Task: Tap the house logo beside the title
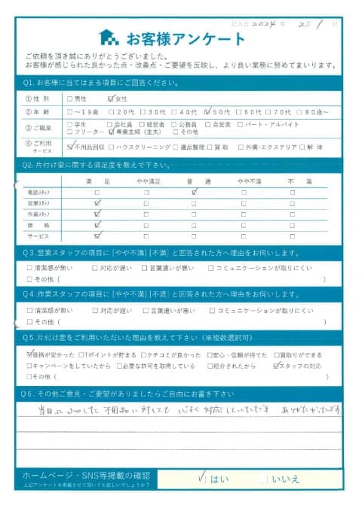pos(109,38)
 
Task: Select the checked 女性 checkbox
pos(112,98)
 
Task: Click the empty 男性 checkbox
pos(70,98)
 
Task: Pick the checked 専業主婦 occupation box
pos(112,132)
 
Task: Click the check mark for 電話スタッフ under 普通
pos(195,192)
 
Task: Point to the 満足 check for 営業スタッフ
pos(97,203)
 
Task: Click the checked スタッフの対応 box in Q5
pos(277,366)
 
